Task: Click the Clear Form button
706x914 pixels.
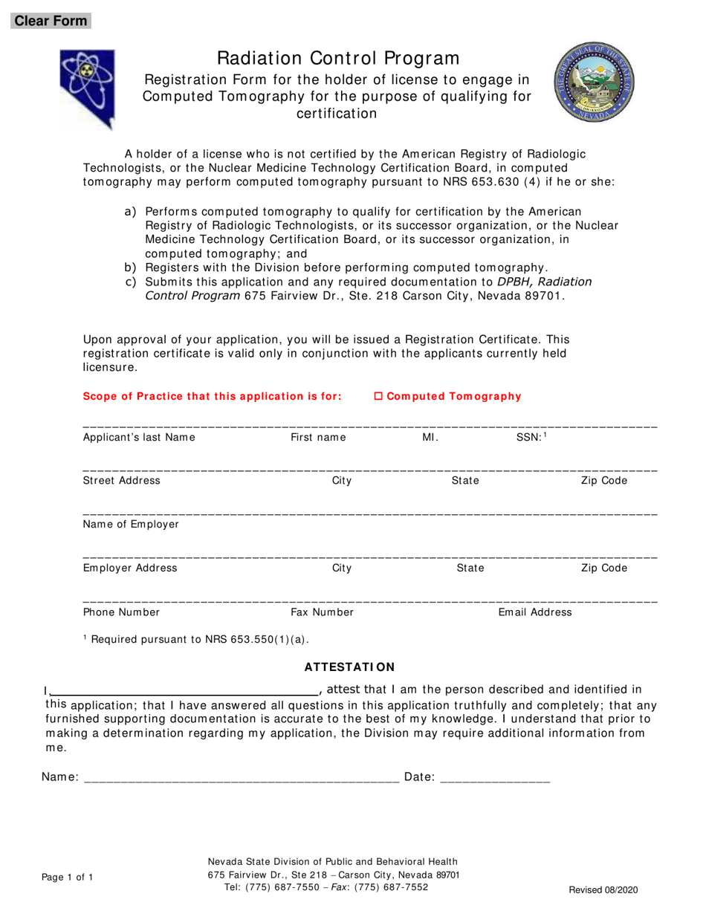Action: [x=51, y=21]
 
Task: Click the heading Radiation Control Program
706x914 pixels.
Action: [x=338, y=58]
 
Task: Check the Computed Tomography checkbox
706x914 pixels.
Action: [x=378, y=397]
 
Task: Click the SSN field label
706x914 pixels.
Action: [x=531, y=438]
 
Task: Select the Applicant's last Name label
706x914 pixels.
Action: [x=139, y=438]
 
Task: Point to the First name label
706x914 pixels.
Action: [x=318, y=438]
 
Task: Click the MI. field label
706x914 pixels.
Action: [x=430, y=438]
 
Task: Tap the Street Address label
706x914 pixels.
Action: [x=121, y=481]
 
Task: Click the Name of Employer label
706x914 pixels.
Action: [x=131, y=525]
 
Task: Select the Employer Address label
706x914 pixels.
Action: [x=130, y=568]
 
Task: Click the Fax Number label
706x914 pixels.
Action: [x=322, y=612]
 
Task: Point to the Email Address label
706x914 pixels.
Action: [x=535, y=612]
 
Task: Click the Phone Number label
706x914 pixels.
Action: [x=121, y=612]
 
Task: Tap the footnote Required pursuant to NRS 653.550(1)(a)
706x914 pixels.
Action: [x=196, y=638]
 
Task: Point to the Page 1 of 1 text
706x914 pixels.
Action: [x=68, y=878]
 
